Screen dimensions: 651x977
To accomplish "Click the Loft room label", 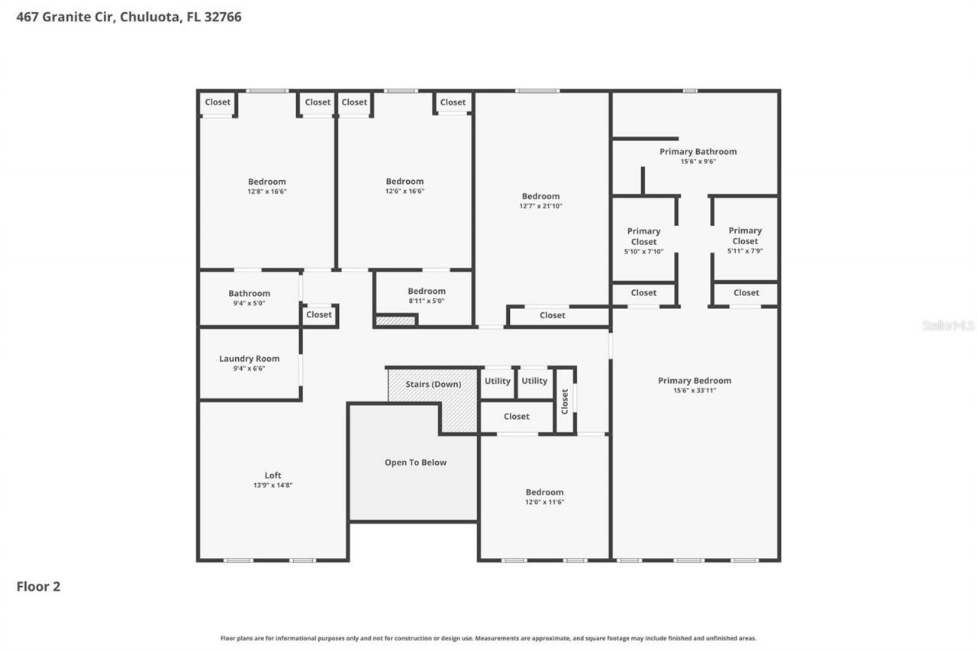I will (272, 475).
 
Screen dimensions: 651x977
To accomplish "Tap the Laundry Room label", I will (249, 359).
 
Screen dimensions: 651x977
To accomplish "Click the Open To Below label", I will (415, 462).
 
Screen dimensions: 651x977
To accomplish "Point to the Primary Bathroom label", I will (698, 152).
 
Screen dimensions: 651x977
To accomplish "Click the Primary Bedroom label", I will (695, 381).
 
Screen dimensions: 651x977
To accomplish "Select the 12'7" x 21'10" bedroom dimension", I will (540, 206).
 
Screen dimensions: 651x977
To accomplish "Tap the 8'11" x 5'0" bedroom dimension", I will (426, 301).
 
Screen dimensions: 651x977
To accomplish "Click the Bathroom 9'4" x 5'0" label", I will (249, 294).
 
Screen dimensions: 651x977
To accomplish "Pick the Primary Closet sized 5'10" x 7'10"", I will (643, 237).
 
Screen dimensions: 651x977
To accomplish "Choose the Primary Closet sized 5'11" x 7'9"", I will (745, 236).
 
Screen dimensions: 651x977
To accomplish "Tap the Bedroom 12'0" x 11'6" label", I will (544, 492).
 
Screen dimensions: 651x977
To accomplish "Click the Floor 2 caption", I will (38, 587).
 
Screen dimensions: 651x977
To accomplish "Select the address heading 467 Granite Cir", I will (129, 17).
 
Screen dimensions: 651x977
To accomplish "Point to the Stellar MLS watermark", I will (948, 325).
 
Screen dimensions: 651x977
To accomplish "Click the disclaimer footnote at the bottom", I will (488, 638).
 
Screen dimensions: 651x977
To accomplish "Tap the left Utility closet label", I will (498, 381).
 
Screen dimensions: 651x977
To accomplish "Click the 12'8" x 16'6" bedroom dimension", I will (266, 192).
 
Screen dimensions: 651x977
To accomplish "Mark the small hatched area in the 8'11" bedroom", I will (395, 321).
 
